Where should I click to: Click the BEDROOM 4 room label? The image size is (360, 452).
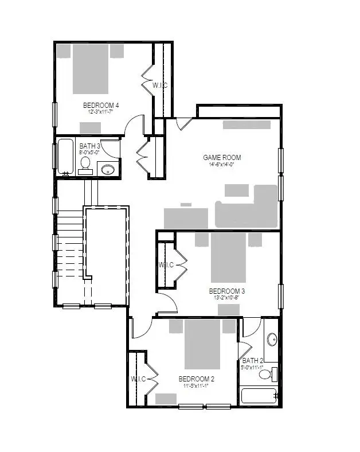(x=101, y=105)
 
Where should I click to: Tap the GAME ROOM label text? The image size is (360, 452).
(x=222, y=157)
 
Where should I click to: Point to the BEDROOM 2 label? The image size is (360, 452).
(x=196, y=379)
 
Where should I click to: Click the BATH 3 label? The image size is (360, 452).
(x=89, y=147)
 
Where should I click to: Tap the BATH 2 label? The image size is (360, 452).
(x=252, y=361)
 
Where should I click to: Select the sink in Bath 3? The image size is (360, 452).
(x=108, y=169)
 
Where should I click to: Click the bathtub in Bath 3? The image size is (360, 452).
(x=65, y=156)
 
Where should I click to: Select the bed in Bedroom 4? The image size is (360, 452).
(x=91, y=68)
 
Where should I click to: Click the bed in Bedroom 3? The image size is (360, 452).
(x=228, y=256)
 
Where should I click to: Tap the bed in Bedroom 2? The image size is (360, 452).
(x=202, y=344)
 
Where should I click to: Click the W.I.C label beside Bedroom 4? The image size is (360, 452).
(x=159, y=85)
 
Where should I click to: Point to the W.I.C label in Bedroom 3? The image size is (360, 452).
(x=166, y=265)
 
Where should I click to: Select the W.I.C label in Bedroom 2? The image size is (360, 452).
(x=139, y=379)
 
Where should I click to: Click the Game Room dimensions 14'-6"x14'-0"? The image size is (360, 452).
(x=222, y=164)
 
